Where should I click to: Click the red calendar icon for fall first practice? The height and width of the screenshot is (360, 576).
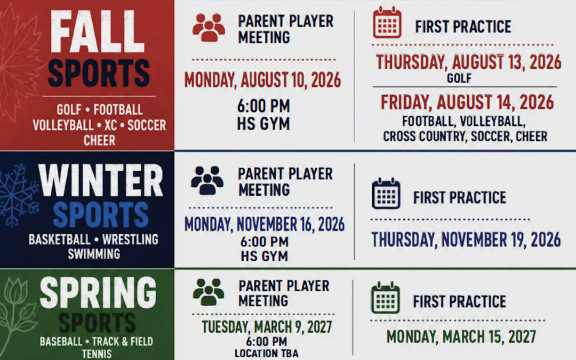387,22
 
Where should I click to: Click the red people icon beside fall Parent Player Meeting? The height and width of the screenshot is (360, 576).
209,28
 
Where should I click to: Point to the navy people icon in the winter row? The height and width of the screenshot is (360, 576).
207,180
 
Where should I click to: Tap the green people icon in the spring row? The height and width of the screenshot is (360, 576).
209,292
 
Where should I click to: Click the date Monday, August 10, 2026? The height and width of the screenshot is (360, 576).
262,80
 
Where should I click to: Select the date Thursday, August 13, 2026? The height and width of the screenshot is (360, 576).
468,62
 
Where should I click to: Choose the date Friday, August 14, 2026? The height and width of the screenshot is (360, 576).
467,102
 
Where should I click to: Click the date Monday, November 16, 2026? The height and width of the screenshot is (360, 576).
265,224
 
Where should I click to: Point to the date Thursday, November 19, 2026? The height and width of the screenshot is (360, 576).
466,239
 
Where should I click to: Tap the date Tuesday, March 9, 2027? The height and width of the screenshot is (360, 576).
267,326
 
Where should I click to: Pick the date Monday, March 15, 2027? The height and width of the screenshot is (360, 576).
461,337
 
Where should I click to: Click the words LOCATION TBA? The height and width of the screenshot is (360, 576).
267,354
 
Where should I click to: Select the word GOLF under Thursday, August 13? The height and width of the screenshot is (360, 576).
459,78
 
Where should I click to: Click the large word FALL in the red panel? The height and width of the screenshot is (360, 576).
98,31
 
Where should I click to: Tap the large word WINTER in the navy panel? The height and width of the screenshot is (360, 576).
101,180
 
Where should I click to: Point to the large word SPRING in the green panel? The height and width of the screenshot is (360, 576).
98,292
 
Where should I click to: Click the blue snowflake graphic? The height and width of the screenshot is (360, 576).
18,195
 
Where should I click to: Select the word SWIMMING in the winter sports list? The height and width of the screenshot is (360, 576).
94,254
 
